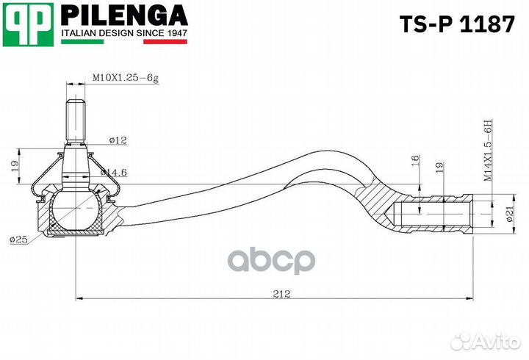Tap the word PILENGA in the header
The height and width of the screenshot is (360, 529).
[123, 15]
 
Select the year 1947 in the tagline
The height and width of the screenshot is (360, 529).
[173, 33]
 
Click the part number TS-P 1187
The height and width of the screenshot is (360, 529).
[456, 24]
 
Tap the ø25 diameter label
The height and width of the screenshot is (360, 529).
[20, 240]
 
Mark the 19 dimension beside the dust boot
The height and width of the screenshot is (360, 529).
[15, 168]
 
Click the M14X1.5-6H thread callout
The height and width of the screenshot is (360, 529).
[486, 150]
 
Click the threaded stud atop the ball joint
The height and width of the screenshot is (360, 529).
[76, 120]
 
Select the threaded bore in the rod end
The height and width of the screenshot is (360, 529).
[433, 212]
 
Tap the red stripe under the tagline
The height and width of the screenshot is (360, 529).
[165, 42]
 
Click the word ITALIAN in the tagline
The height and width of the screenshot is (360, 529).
[77, 33]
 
